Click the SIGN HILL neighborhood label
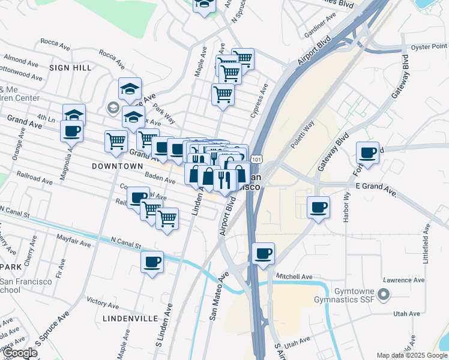(70, 68)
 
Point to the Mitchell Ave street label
(294, 277)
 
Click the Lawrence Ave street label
(402, 280)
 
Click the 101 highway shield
(256, 159)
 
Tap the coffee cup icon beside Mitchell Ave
(263, 253)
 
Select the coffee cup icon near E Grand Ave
(318, 207)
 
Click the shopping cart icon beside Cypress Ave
(223, 94)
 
